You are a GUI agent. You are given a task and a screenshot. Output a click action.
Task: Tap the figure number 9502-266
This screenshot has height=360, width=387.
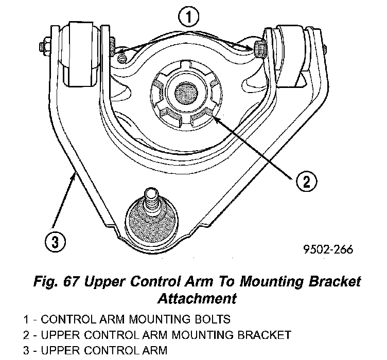point(328,250)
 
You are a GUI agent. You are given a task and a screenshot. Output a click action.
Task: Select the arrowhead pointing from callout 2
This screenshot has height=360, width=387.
point(215,117)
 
